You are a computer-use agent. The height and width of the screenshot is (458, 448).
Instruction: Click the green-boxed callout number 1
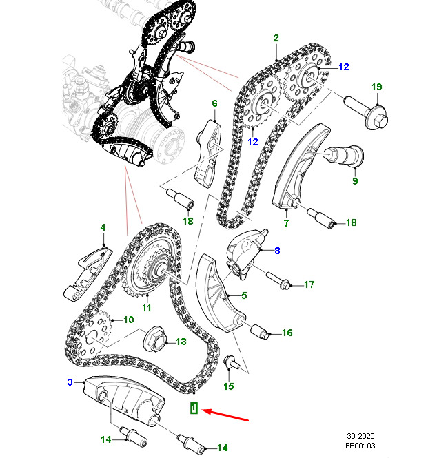(x=194, y=408)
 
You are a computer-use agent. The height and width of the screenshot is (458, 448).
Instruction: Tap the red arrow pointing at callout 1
(x=225, y=415)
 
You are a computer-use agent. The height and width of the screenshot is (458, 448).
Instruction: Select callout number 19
(x=377, y=87)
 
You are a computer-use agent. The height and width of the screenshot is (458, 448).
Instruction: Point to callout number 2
(x=276, y=38)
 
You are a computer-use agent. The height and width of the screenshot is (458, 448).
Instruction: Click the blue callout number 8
(x=277, y=251)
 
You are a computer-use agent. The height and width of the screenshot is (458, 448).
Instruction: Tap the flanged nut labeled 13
(x=155, y=339)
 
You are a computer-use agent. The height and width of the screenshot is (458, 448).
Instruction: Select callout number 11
(x=147, y=308)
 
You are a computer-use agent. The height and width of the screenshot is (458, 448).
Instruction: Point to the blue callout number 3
(x=70, y=382)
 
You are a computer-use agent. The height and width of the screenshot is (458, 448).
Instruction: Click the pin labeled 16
(x=260, y=331)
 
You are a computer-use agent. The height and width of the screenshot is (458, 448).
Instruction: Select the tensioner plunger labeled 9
(x=345, y=155)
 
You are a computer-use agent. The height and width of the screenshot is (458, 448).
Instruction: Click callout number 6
(x=214, y=103)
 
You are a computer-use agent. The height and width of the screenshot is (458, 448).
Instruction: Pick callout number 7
(x=286, y=223)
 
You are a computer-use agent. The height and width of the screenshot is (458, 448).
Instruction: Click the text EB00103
(x=360, y=446)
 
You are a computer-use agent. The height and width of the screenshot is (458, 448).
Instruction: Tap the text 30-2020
(x=360, y=436)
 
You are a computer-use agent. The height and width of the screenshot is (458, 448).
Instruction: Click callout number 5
(x=244, y=295)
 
